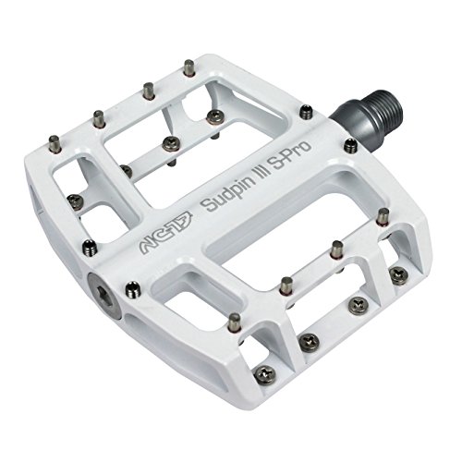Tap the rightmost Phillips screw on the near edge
coord(397,273)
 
